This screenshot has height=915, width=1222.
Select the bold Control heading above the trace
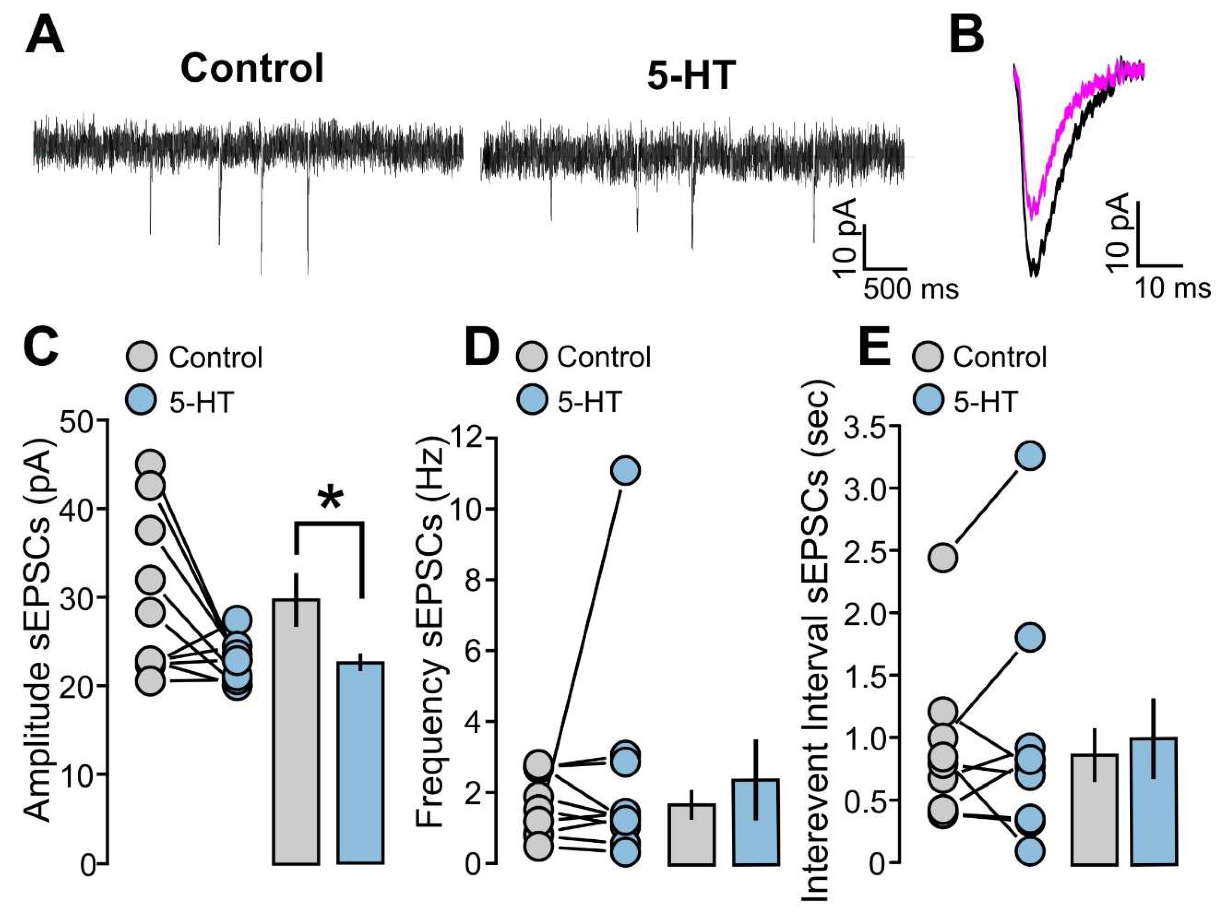pyautogui.click(x=252, y=69)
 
